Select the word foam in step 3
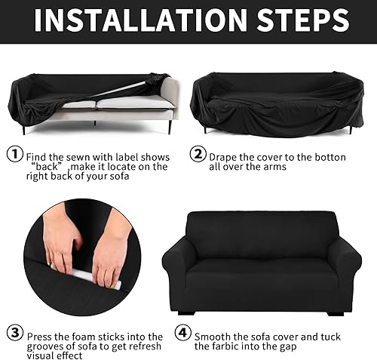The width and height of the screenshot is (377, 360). [x=88, y=336]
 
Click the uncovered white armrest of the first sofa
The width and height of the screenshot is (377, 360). [x=167, y=98]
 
